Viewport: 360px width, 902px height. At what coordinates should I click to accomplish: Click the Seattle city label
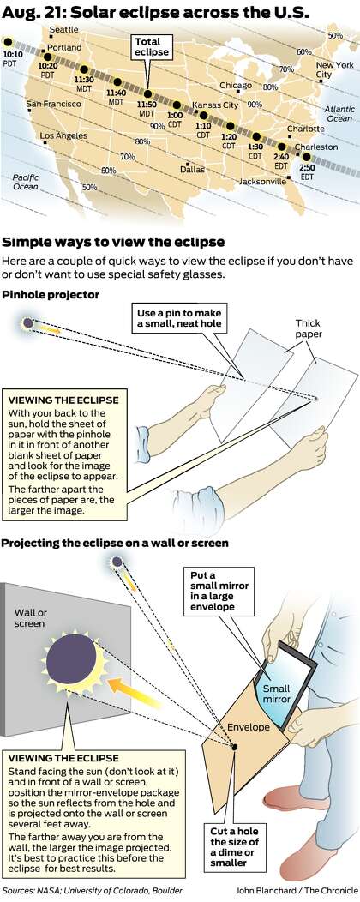click(x=64, y=30)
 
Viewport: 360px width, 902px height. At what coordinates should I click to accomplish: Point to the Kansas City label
click(x=215, y=105)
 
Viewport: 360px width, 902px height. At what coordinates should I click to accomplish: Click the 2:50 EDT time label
click(x=307, y=172)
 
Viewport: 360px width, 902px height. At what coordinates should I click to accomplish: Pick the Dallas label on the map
click(x=192, y=170)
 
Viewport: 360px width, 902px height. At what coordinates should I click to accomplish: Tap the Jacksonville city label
click(x=263, y=181)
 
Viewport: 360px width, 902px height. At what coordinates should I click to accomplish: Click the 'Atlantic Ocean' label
click(x=339, y=114)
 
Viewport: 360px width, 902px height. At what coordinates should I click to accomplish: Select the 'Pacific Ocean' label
click(x=26, y=183)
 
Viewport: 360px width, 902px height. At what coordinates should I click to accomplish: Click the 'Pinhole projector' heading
click(x=51, y=295)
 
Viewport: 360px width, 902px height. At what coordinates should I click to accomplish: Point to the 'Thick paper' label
click(x=308, y=328)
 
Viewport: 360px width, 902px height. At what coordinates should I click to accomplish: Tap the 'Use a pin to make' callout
click(x=179, y=319)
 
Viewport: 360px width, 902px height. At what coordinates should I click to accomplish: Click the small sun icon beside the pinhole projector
click(x=27, y=323)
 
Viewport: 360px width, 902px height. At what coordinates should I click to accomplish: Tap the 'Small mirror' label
click(x=277, y=694)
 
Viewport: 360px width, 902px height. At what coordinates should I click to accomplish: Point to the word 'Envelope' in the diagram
click(x=248, y=727)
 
